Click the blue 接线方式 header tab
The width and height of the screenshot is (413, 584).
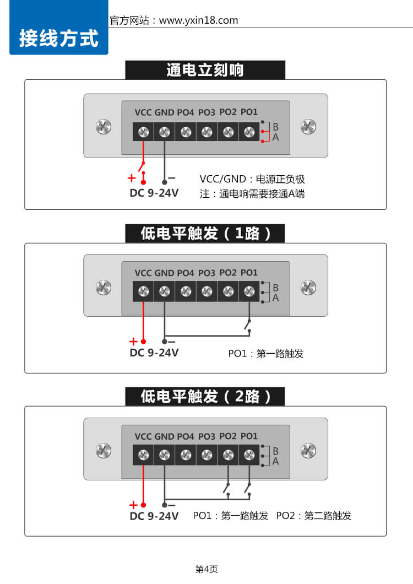click(59, 39)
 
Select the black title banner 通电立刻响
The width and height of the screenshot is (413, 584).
click(205, 70)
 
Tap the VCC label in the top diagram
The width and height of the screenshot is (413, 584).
click(143, 112)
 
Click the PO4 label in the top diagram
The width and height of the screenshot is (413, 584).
click(186, 112)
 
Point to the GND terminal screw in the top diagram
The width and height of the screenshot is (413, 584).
click(165, 132)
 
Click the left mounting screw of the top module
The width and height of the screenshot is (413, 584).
click(103, 127)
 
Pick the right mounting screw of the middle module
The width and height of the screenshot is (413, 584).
click(308, 287)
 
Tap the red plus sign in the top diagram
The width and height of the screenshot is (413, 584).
click(132, 178)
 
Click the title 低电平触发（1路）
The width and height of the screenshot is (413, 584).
click(205, 233)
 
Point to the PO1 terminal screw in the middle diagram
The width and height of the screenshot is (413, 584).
click(249, 291)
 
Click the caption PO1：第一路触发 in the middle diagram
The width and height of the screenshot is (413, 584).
click(266, 354)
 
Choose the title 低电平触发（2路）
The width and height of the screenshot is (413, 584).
click(205, 397)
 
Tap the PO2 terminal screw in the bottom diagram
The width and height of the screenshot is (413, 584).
click(228, 455)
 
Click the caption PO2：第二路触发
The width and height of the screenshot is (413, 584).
click(313, 516)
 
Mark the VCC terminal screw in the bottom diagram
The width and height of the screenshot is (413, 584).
click(143, 455)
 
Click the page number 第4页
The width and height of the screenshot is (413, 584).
click(206, 569)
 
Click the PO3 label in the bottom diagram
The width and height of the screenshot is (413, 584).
click(207, 436)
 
